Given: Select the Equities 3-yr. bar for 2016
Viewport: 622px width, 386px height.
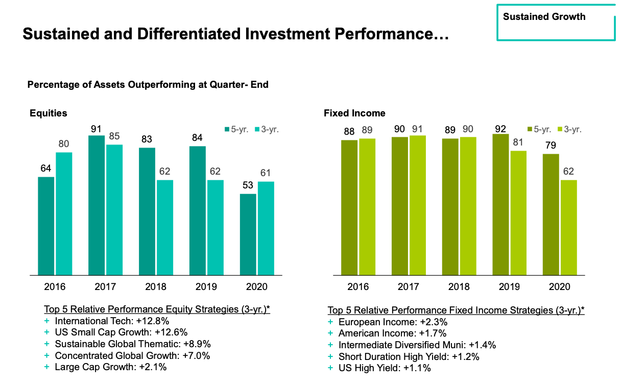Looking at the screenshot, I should point(64,213).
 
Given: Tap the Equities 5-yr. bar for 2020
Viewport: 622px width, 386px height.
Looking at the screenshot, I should point(248,234).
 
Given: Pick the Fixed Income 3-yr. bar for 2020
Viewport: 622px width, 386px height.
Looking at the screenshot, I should point(568,227).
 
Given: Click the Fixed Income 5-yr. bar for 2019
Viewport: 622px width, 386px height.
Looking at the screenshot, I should point(500,205).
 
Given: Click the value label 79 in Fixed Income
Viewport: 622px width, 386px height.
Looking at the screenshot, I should point(551,146).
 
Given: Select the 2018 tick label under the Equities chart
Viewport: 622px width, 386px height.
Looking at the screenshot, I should point(156,287).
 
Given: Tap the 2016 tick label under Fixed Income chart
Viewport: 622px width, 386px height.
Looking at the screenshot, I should point(358,287).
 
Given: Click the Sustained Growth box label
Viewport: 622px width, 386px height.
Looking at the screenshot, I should point(544,17).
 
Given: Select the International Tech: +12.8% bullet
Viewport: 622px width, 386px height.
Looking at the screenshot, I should point(112,321).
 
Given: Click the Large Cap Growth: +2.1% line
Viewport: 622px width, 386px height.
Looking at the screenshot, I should point(110,367).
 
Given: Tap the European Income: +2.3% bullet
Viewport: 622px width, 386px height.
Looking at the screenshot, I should point(393,322).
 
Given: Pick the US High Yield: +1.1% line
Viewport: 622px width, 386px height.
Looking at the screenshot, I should point(385,368).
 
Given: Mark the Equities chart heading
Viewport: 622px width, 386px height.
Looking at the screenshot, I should point(48,113).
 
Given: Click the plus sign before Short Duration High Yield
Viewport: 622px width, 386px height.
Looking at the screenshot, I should point(330,356).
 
